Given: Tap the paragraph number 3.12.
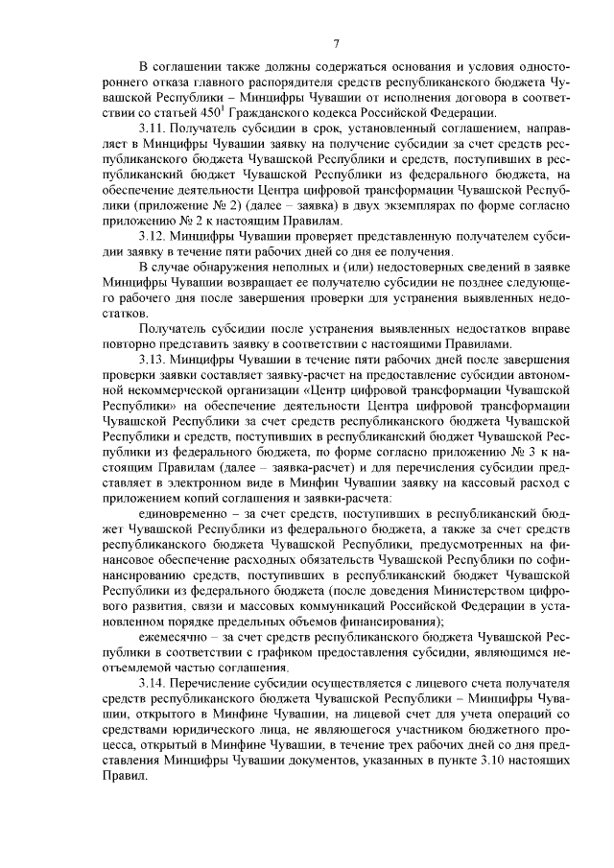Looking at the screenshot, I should pos(153,236).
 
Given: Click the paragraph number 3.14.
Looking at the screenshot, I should pos(153,681).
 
